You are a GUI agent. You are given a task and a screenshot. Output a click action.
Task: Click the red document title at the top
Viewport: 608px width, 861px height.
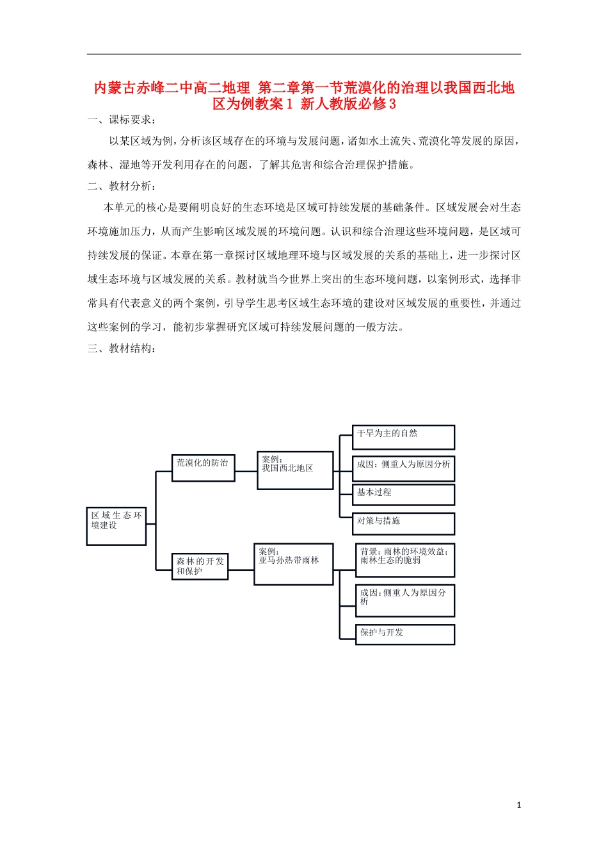(x=304, y=95)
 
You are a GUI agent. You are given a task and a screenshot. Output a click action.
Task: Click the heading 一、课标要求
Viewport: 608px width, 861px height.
(x=122, y=120)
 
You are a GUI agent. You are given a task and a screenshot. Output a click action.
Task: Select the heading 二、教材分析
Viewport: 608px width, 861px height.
(x=122, y=186)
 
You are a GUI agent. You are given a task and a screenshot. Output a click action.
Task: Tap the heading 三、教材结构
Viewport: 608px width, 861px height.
(x=122, y=348)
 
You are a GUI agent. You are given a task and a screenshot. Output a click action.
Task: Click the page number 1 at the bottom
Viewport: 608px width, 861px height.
(x=518, y=805)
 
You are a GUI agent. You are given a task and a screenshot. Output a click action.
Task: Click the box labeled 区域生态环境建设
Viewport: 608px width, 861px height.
(x=116, y=526)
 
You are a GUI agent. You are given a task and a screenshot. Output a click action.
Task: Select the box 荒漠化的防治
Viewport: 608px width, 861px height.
(x=203, y=468)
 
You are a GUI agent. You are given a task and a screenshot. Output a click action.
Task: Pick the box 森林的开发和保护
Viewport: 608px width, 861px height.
(x=200, y=566)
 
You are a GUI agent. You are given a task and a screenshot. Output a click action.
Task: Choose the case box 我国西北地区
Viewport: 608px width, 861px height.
(x=294, y=470)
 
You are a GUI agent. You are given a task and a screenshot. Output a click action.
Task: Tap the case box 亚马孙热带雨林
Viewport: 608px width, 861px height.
(x=293, y=564)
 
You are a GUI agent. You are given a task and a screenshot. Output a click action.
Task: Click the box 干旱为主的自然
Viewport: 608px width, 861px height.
(x=403, y=437)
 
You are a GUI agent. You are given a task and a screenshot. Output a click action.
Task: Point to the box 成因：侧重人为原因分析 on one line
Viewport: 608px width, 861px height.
(x=403, y=468)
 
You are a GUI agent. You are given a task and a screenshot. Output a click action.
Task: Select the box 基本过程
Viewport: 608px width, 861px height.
(x=403, y=495)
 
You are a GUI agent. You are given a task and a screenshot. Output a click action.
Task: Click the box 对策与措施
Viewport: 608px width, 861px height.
(x=403, y=523)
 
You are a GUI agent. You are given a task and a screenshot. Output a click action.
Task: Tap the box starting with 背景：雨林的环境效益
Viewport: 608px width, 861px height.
(x=404, y=560)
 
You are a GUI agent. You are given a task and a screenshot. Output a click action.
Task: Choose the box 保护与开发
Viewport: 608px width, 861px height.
(x=404, y=634)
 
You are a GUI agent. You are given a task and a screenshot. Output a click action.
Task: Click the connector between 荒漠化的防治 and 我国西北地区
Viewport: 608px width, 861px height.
(x=246, y=471)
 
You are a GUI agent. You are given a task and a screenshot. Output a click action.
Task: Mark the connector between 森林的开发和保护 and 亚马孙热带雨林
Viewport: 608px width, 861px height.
(x=241, y=570)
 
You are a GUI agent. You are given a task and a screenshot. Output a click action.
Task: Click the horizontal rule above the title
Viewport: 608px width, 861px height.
(x=304, y=54)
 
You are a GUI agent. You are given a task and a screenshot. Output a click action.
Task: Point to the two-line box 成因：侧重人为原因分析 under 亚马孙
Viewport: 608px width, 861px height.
(x=404, y=600)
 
